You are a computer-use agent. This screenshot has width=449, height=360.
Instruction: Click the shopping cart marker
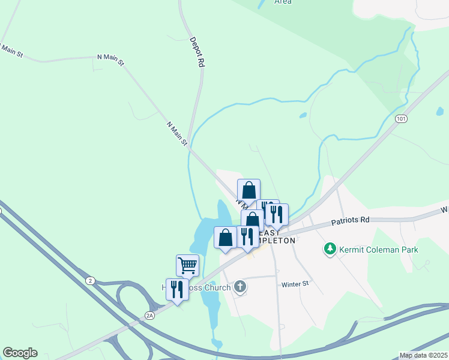click(187, 265)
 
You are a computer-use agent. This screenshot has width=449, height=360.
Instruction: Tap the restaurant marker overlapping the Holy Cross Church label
click(177, 290)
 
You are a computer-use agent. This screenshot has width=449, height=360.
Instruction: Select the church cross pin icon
click(240, 287)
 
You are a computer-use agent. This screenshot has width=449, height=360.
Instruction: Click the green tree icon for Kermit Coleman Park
click(329, 248)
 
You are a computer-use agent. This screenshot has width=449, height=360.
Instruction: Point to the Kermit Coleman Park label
click(378, 249)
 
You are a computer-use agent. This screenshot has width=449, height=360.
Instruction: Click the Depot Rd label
click(197, 52)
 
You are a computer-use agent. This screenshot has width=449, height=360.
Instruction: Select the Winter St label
click(294, 283)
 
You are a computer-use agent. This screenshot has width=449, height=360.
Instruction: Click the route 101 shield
click(402, 119)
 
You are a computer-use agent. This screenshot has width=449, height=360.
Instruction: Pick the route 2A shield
click(150, 314)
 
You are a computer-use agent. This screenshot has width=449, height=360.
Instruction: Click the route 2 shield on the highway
click(90, 280)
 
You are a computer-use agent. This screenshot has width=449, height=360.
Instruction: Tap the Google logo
click(20, 353)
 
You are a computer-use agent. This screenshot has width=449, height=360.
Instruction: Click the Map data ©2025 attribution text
click(423, 355)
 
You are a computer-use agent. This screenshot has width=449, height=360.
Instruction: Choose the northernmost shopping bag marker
click(249, 190)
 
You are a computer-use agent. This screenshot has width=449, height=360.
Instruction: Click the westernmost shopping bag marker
click(225, 238)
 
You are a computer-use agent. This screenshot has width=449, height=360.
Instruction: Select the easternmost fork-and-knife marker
click(277, 214)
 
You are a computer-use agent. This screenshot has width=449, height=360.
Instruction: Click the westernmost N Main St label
click(11, 50)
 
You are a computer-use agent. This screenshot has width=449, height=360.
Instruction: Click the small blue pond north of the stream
click(303, 115)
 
